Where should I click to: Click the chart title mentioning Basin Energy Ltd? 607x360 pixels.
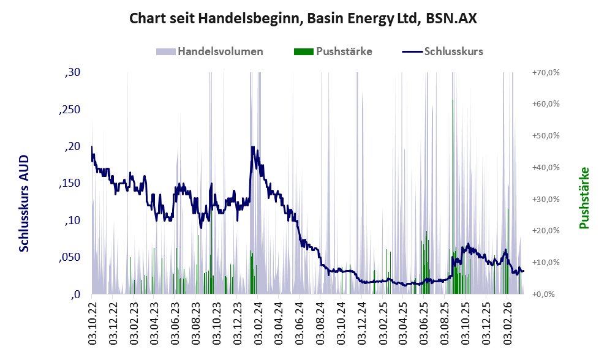click(303, 19)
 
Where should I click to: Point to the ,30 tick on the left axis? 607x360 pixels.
click(72, 73)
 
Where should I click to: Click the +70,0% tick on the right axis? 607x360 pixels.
click(545, 73)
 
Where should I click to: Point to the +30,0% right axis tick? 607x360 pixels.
click(545, 199)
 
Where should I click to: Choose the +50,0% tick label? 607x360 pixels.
click(545, 136)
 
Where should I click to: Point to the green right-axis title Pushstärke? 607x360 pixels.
click(584, 198)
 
